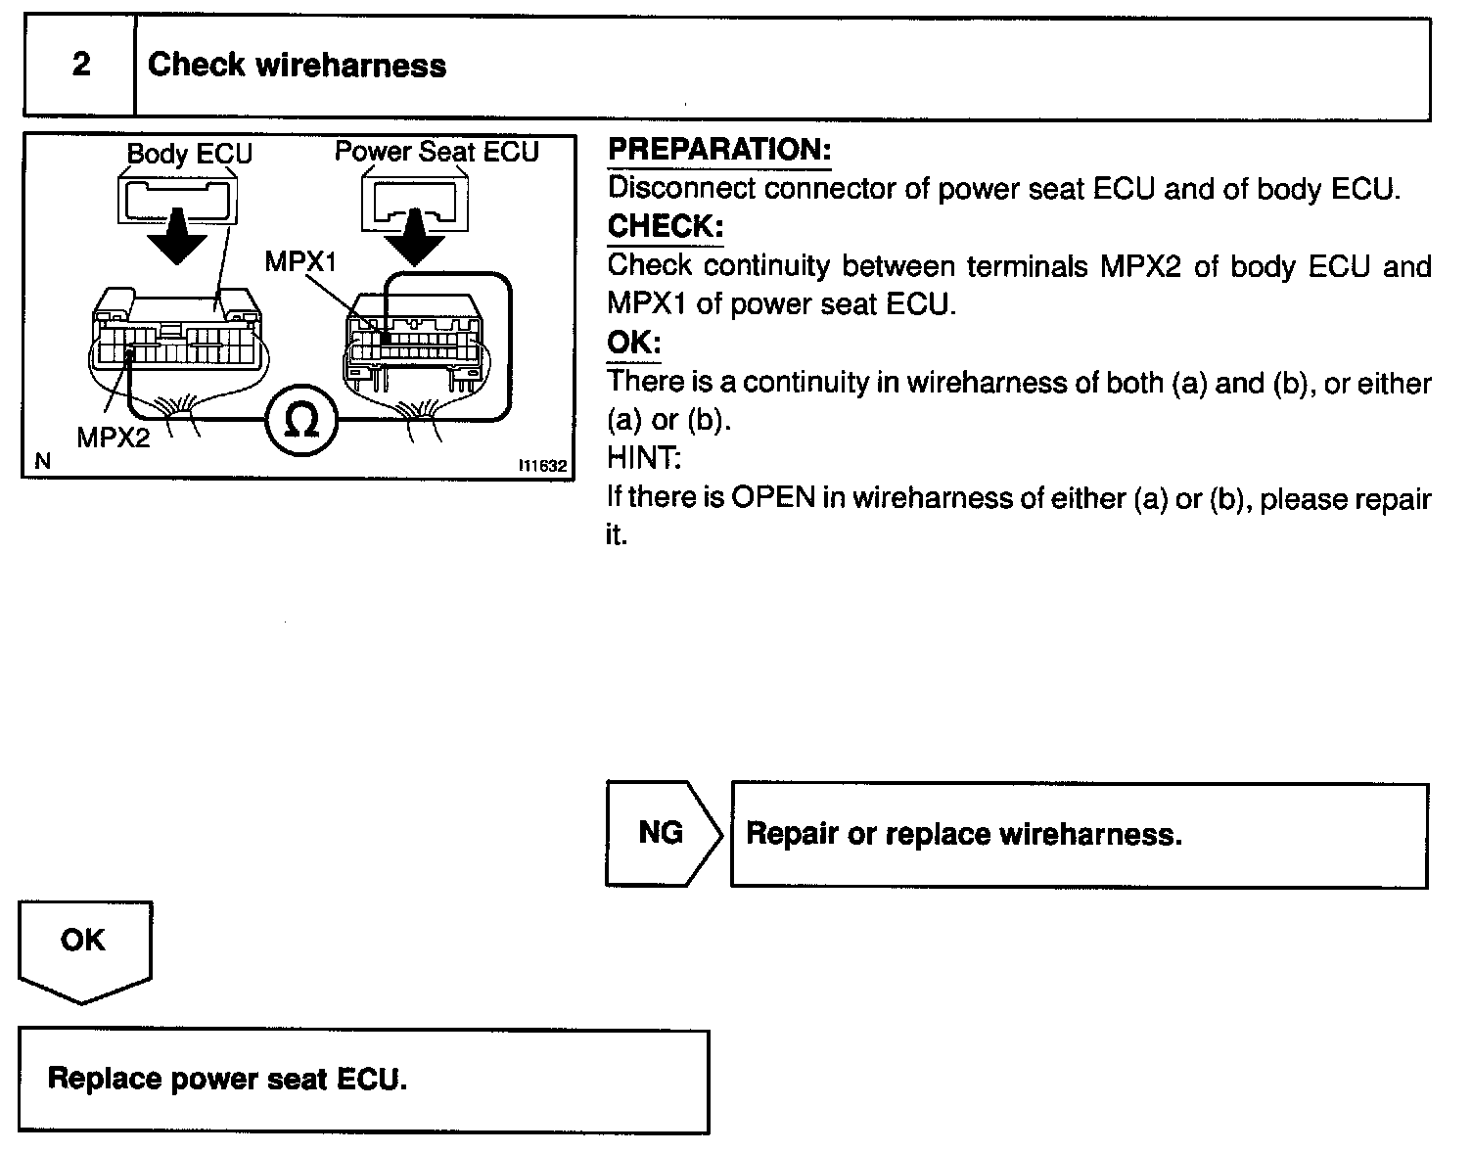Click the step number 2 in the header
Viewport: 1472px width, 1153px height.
(x=81, y=65)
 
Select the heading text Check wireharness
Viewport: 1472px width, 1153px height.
(x=297, y=66)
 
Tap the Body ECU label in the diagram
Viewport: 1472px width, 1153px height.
(x=189, y=154)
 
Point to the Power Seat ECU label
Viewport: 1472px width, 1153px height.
(x=437, y=152)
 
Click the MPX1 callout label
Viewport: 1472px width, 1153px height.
(x=300, y=262)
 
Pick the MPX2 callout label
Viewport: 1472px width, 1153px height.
(x=114, y=438)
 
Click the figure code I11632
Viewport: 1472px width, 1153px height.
(x=542, y=467)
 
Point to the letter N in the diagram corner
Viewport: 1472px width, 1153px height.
(x=41, y=461)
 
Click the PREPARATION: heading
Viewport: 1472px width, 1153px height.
(x=719, y=150)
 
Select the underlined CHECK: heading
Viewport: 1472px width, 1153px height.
(x=666, y=226)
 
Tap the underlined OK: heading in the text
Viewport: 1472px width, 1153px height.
(x=634, y=343)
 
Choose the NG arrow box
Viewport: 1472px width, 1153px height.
(x=662, y=833)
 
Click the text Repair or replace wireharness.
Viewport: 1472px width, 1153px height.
(x=964, y=834)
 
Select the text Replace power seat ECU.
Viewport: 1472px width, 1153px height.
(x=227, y=1079)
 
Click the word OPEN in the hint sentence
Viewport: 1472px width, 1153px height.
(x=773, y=497)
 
